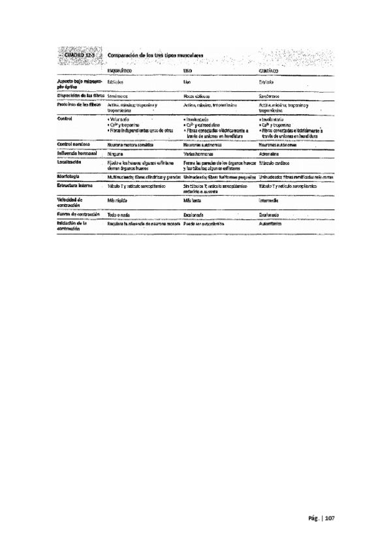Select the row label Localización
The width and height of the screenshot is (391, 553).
(x=69, y=160)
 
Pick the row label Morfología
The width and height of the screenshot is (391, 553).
(x=68, y=176)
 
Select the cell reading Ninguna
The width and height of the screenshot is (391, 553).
(x=116, y=152)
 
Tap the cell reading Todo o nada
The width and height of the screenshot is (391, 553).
(x=119, y=214)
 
